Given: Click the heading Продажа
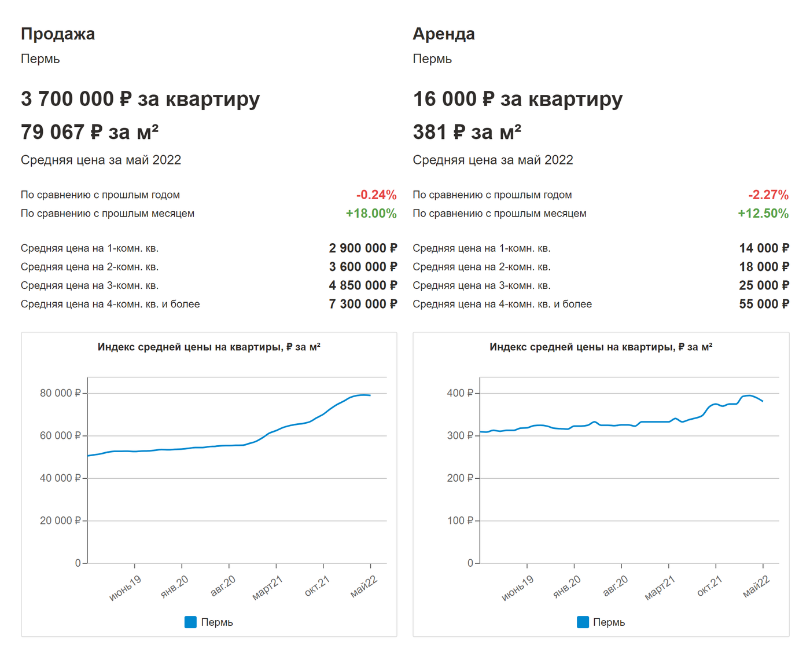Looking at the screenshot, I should [58, 34].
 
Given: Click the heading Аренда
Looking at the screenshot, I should [444, 34].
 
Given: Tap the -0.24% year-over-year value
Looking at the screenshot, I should [376, 195].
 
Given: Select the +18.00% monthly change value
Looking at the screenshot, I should [371, 214].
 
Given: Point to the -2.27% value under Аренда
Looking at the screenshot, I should [768, 195].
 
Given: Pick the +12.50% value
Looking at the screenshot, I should [763, 214].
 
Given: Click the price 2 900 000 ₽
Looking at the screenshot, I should [363, 248].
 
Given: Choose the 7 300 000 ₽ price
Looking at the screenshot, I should [363, 304].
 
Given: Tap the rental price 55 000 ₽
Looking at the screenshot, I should [764, 304].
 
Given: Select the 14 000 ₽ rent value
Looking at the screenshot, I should [764, 248].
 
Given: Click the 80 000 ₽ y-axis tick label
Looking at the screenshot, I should [60, 393].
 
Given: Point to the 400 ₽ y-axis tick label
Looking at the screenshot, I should [460, 393].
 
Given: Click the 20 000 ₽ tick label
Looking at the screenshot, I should [60, 520].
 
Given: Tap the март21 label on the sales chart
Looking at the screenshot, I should [267, 588].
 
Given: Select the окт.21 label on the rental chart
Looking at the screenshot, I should [709, 586].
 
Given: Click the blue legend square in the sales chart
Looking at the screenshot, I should [190, 622].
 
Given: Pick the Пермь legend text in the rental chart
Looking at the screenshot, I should [609, 622].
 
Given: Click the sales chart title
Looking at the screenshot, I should [209, 347].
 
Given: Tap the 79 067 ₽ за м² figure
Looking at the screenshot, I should [90, 133].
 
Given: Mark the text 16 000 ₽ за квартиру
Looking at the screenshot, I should [517, 99].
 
